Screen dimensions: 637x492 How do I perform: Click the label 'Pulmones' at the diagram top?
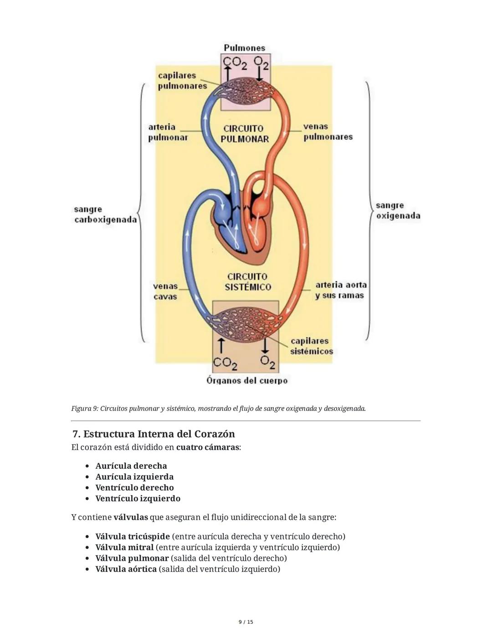pyautogui.click(x=244, y=48)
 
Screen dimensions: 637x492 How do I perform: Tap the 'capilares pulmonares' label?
pyautogui.click(x=182, y=81)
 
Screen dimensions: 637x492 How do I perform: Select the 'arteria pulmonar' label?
pyautogui.click(x=168, y=132)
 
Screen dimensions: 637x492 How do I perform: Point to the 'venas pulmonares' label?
pyautogui.click(x=328, y=132)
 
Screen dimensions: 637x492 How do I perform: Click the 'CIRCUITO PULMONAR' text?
pyautogui.click(x=245, y=134)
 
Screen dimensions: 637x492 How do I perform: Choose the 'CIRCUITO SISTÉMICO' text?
pyautogui.click(x=247, y=282)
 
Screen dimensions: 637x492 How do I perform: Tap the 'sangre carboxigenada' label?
pyautogui.click(x=105, y=215)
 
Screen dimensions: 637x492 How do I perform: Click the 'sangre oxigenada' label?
pyautogui.click(x=398, y=211)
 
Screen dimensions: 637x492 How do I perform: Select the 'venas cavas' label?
pyautogui.click(x=165, y=291)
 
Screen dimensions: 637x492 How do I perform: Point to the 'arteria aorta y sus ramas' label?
pyautogui.click(x=340, y=290)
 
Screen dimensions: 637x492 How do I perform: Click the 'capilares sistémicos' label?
pyautogui.click(x=311, y=346)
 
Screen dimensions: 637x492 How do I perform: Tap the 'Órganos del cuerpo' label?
pyautogui.click(x=247, y=380)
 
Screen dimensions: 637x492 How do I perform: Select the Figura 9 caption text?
pyautogui.click(x=218, y=409)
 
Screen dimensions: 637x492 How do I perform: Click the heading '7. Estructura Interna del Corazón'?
pyautogui.click(x=154, y=434)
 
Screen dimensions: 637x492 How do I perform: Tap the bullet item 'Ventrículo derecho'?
pyautogui.click(x=134, y=487)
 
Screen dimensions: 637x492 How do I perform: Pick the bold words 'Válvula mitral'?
pyautogui.click(x=124, y=547)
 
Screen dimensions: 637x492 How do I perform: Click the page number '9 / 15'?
pyautogui.click(x=246, y=622)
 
